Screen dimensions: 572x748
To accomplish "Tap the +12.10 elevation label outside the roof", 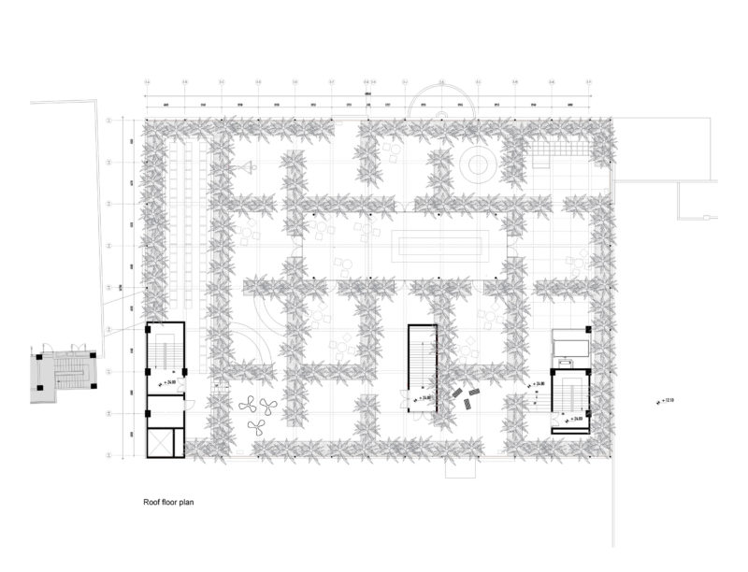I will tap(665, 402).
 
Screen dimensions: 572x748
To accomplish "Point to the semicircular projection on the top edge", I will tap(443, 100).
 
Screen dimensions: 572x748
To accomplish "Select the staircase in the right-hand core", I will tap(569, 393).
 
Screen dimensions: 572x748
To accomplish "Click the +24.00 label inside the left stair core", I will tap(169, 384).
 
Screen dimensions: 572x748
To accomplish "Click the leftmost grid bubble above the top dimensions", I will tap(147, 84).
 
